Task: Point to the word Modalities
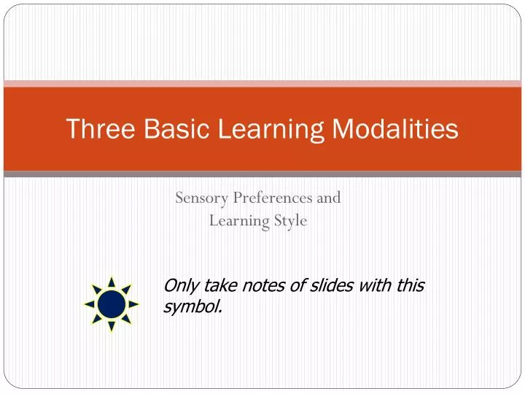[396, 129]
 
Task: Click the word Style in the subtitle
[291, 220]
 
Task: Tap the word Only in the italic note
[180, 285]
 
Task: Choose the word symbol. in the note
[192, 307]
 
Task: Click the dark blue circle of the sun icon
[112, 304]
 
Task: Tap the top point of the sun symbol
[112, 280]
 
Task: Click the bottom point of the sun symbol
[112, 328]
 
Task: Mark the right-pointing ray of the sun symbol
[134, 304]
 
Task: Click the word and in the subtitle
[329, 197]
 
